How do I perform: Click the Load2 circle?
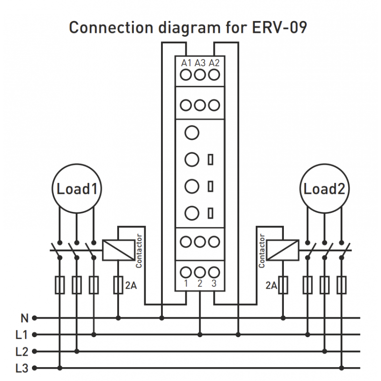[x=324, y=189]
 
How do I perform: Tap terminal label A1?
[x=186, y=63]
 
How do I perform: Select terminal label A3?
[x=200, y=63]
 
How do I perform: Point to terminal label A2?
[x=214, y=63]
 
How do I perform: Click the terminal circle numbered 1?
[x=186, y=272]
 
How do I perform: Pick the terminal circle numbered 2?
[x=200, y=272]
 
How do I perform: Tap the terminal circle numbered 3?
[x=214, y=272]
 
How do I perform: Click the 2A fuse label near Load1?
[x=130, y=286]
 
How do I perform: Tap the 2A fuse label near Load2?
[x=271, y=286]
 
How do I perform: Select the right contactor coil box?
[x=283, y=250]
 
